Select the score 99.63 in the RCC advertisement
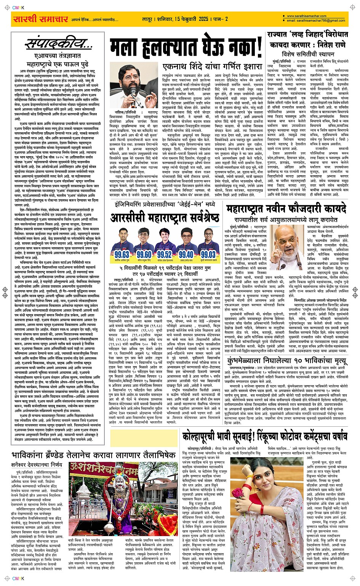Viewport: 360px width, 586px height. point(122,255)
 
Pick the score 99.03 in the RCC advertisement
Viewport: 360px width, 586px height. point(208,255)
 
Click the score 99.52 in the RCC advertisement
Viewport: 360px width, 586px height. point(165,255)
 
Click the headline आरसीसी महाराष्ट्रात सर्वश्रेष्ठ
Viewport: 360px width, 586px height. point(165,218)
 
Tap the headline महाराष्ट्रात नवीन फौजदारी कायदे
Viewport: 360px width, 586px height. point(286,209)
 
